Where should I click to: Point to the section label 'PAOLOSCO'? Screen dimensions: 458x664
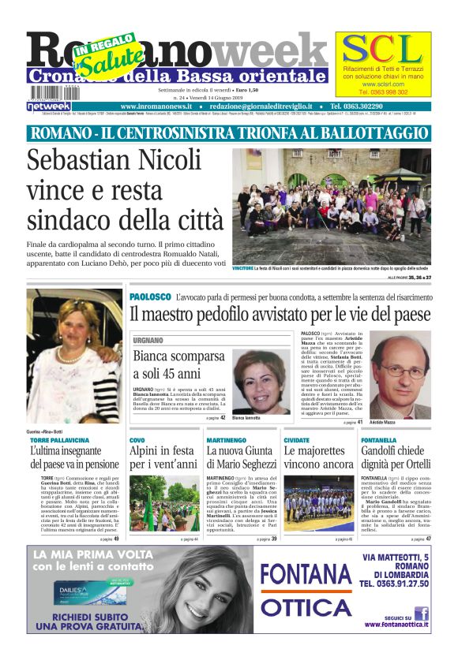pos(149,297)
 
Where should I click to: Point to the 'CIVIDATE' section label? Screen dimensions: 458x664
pos(297,440)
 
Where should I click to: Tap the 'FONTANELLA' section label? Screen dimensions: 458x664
pos(378,440)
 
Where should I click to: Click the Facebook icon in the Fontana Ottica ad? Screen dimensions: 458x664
pos(422,612)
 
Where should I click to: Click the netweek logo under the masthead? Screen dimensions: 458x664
pos(49,106)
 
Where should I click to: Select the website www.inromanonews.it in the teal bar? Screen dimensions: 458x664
pos(158,106)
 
